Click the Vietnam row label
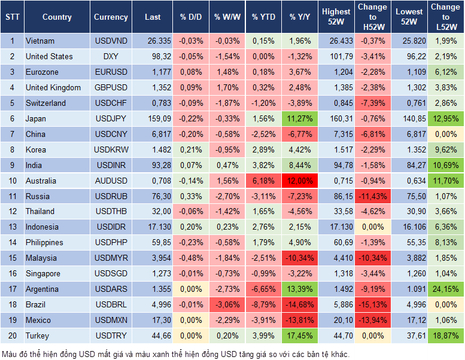[x=40, y=41]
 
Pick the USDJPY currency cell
[x=111, y=118]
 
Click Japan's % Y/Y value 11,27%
[x=300, y=118]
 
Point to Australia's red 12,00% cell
[x=300, y=181]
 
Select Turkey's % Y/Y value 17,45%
[x=300, y=335]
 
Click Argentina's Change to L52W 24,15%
[x=446, y=289]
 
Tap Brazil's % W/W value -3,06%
[x=226, y=305]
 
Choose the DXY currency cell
[x=111, y=57]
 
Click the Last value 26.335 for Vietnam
[x=152, y=41]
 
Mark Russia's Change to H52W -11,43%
[x=372, y=196]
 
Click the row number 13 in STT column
[x=11, y=227]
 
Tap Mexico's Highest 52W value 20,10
[x=336, y=321]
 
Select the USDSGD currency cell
[x=111, y=274]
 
